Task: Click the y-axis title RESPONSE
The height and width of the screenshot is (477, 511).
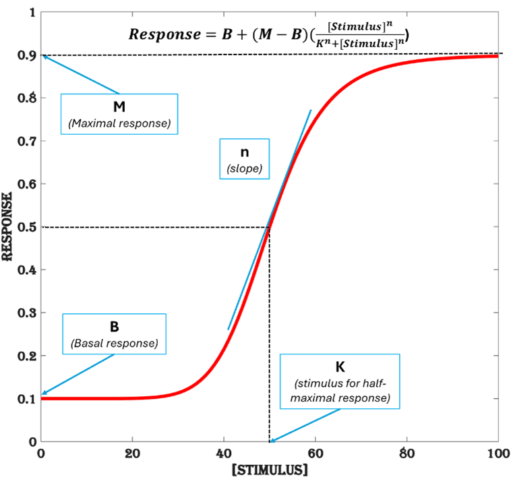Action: (9, 227)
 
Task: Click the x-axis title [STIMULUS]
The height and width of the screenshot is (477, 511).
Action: (270, 468)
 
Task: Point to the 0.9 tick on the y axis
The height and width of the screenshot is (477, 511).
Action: (27, 55)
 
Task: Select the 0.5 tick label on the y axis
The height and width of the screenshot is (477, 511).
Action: (27, 227)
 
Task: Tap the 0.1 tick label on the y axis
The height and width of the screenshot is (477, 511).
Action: (27, 399)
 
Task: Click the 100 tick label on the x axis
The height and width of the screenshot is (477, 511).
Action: (498, 453)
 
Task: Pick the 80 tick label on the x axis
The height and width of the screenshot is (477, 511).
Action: (407, 453)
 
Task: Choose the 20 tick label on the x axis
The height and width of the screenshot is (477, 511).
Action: (132, 453)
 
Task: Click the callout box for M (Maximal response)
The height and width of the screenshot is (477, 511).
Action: (119, 114)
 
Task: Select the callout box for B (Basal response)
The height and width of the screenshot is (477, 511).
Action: (114, 333)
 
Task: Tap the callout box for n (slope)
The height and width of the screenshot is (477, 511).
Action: (244, 159)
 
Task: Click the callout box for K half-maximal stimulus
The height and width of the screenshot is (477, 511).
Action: (340, 381)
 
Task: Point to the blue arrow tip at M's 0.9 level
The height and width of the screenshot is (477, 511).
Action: (43, 57)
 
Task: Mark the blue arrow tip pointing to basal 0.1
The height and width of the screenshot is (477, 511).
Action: (43, 395)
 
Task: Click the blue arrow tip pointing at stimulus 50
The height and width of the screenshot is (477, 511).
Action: (271, 441)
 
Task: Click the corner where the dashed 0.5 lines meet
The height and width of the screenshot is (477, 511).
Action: (270, 227)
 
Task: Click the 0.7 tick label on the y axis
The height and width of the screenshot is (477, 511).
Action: (27, 141)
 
